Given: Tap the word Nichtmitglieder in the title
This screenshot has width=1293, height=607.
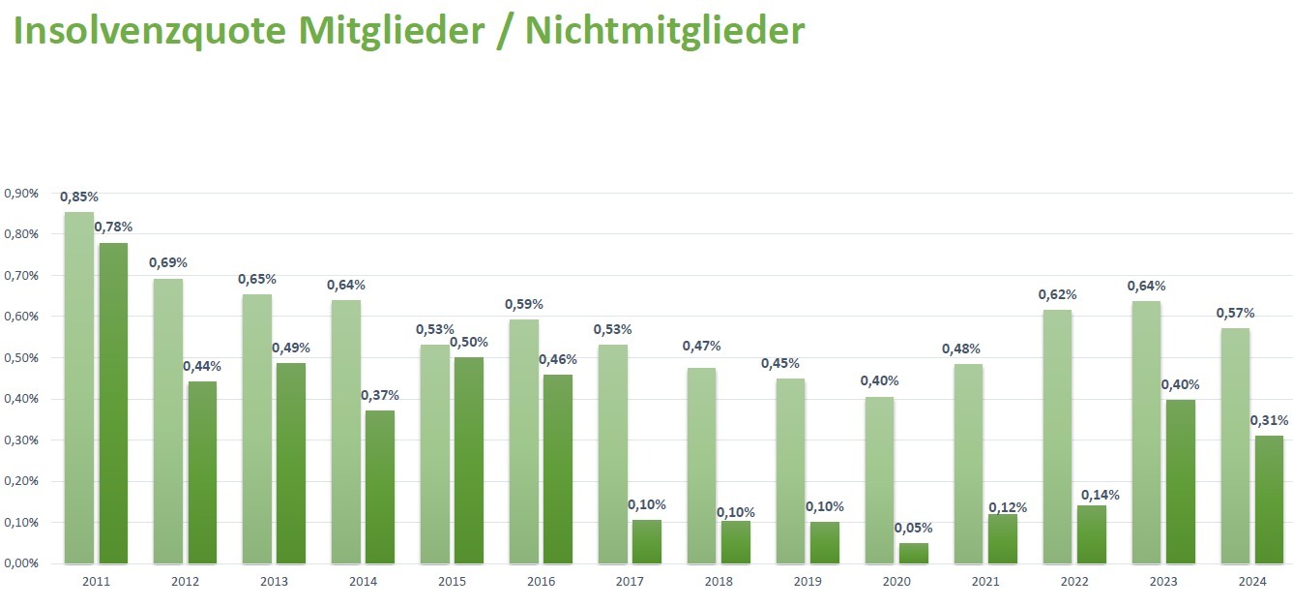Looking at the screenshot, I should (x=665, y=31).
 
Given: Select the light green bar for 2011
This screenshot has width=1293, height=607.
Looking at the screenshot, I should (x=79, y=387).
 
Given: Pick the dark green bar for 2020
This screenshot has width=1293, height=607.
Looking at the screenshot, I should (x=913, y=553).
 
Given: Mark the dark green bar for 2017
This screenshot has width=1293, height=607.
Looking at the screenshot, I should (x=646, y=541).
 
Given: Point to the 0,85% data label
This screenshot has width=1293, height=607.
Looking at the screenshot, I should (x=79, y=197).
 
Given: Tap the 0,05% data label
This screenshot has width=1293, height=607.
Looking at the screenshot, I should (x=914, y=529).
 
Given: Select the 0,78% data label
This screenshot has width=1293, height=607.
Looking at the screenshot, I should (x=113, y=228).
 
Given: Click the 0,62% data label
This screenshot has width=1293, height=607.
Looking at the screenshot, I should (x=1057, y=294).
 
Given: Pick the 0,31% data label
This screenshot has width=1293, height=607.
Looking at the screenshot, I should (x=1270, y=421).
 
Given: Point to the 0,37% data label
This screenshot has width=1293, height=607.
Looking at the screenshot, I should (x=380, y=395).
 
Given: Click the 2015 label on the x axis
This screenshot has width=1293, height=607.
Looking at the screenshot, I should (x=452, y=582).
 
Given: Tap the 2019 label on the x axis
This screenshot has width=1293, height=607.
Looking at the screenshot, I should (x=808, y=582).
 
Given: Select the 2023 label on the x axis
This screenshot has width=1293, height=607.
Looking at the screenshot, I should (x=1163, y=582).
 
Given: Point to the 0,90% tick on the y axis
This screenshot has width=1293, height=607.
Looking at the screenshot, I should (x=21, y=194).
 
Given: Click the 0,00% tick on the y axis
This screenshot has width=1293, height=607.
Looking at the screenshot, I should (x=21, y=563).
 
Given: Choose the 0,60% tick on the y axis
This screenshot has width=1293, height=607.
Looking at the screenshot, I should (x=21, y=317).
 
